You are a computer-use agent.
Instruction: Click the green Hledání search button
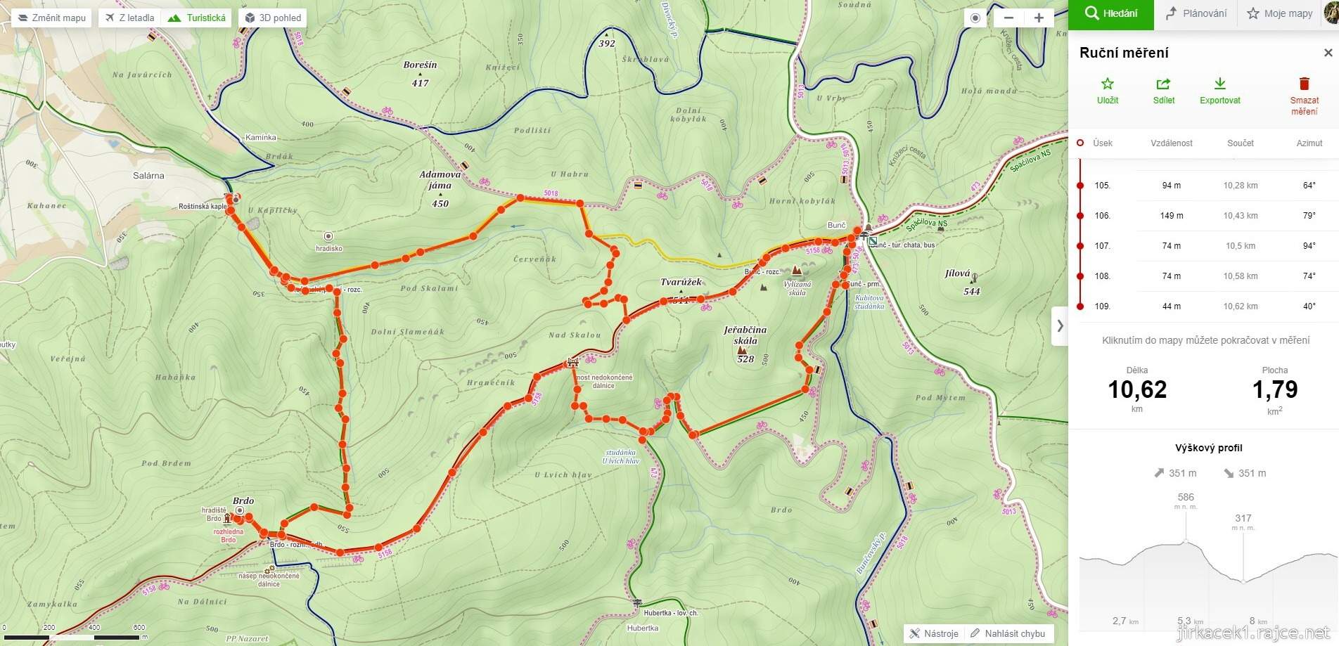coord(1110,13)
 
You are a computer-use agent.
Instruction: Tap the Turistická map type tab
coord(198,18)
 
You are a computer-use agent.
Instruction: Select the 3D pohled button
coord(273,18)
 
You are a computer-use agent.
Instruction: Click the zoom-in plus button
coord(1039,18)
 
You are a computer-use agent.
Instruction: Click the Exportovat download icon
coord(1219,84)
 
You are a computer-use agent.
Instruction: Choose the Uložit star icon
coord(1107,84)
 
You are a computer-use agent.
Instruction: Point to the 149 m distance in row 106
coord(1171,216)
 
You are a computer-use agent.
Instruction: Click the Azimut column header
coord(1309,143)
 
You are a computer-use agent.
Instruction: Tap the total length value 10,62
coord(1136,389)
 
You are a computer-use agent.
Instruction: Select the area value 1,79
coord(1274,389)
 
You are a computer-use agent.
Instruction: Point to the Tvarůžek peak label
coord(681,283)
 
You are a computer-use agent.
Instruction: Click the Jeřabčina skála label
coord(745,335)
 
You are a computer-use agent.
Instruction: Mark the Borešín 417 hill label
coord(420,65)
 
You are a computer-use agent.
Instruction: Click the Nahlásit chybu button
coord(1008,633)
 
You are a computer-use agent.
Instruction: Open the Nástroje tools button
coord(934,633)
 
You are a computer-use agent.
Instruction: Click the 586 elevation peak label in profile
coord(1186,498)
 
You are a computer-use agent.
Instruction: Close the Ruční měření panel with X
coord(1328,53)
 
